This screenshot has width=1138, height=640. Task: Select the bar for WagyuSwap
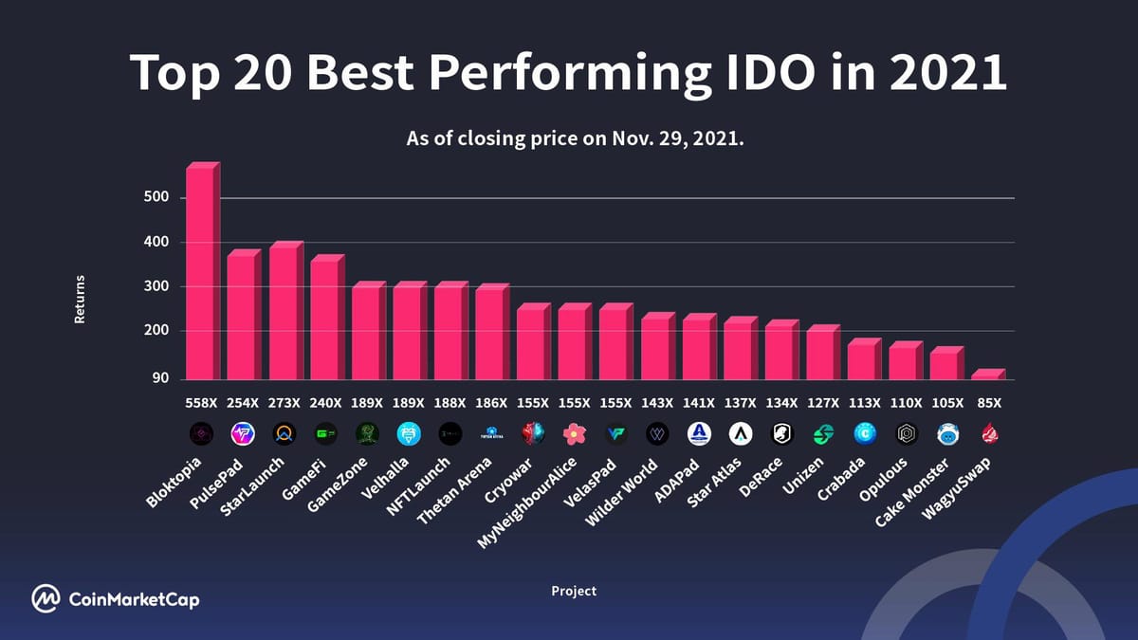[x=984, y=375]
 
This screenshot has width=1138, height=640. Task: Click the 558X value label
[x=200, y=402]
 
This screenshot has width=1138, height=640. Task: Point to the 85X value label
[x=988, y=402]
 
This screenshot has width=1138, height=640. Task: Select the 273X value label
[x=284, y=402]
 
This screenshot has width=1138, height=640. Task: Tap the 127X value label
[x=821, y=402]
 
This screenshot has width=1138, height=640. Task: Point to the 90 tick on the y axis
[x=160, y=378]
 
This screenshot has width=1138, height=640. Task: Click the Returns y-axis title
[x=80, y=300]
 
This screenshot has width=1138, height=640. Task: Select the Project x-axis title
[x=574, y=591]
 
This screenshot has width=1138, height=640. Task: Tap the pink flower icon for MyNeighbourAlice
[x=573, y=434]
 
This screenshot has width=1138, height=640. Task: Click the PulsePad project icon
[x=242, y=434]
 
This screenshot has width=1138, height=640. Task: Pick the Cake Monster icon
[x=946, y=434]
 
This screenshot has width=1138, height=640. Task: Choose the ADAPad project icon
[x=697, y=434]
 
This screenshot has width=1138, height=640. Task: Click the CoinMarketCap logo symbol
[x=46, y=598]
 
